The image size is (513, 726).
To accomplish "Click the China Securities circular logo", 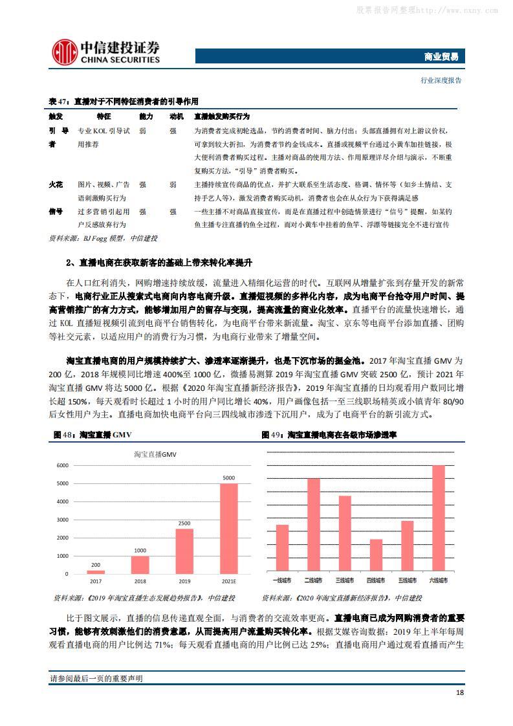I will pyautogui.click(x=63, y=51).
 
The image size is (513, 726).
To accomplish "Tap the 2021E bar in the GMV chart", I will pyautogui.click(x=228, y=528).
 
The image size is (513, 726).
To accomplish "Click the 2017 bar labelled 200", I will pyautogui.click(x=95, y=571).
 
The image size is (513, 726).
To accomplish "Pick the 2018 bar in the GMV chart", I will pyautogui.click(x=140, y=564).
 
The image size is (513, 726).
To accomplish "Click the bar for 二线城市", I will pyautogui.click(x=313, y=525).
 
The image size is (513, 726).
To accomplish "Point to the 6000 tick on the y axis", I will pyautogui.click(x=62, y=465).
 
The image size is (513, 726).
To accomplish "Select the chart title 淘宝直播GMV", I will pyautogui.click(x=155, y=454).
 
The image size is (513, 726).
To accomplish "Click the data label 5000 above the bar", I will pyautogui.click(x=228, y=478).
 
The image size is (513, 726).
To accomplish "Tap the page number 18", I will pyautogui.click(x=459, y=692).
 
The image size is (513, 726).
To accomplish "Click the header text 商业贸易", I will pyautogui.click(x=444, y=57).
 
